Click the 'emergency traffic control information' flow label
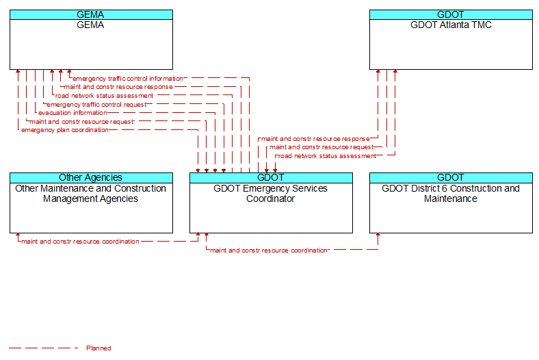(x=127, y=79)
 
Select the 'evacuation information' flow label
(x=73, y=113)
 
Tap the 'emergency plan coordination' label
(x=64, y=130)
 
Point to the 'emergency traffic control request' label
(x=96, y=105)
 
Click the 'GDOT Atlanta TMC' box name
(x=451, y=25)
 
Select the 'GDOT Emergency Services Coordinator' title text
(x=271, y=194)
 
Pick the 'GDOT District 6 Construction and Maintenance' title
(x=451, y=194)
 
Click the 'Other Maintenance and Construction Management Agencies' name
(x=91, y=194)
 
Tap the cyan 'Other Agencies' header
(x=91, y=177)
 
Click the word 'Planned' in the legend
(x=98, y=348)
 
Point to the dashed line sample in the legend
(x=43, y=348)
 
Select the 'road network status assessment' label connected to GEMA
(x=104, y=96)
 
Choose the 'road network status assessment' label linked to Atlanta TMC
(x=327, y=156)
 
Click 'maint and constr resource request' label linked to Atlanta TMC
(x=321, y=147)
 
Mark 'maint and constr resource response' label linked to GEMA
(x=118, y=87)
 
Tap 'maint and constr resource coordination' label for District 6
(x=268, y=250)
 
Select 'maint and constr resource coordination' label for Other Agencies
(x=80, y=242)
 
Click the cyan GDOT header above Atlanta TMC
(x=451, y=14)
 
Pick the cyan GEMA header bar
(x=91, y=14)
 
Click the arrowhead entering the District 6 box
(x=378, y=235)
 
